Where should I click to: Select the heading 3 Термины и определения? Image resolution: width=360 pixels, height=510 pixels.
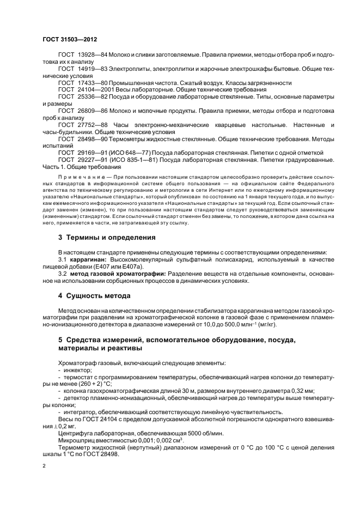(x=106, y=238)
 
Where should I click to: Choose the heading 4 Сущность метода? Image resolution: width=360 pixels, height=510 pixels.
(x=94, y=296)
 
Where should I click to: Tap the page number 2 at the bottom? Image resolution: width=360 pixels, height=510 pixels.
(x=44, y=466)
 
